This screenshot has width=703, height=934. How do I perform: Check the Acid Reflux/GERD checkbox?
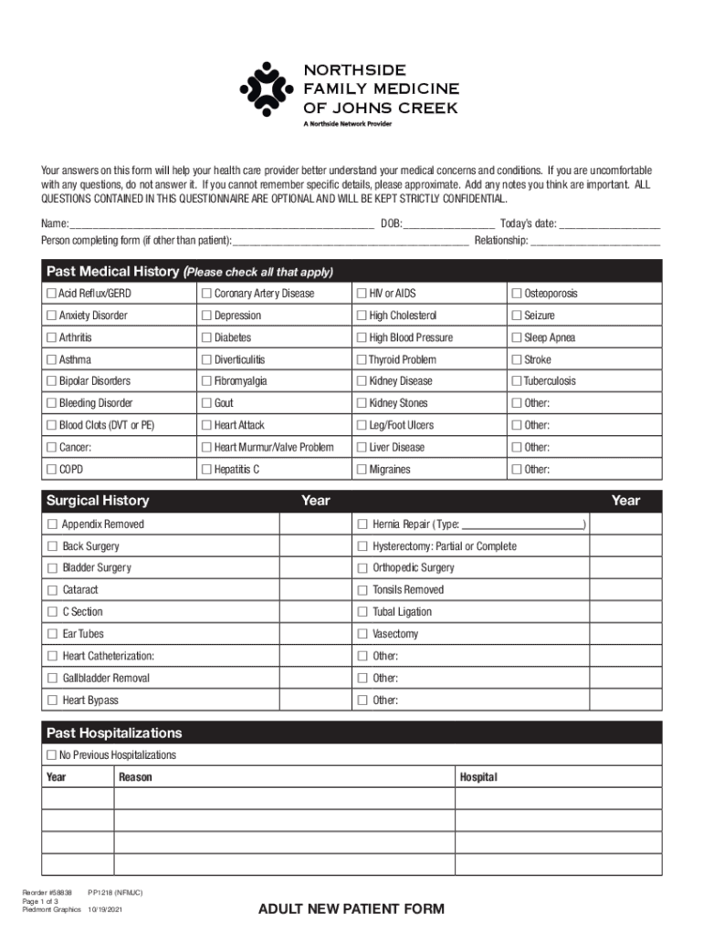[51, 294]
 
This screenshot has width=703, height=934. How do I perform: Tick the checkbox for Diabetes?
[206, 337]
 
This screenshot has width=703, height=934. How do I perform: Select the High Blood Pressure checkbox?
[362, 337]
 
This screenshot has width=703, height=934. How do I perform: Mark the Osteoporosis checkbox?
[517, 294]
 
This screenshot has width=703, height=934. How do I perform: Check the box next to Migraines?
[362, 470]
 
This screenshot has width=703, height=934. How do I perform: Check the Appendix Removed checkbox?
[52, 524]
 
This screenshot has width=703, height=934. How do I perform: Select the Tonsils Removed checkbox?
[362, 590]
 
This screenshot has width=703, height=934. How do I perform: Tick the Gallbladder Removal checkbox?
[52, 679]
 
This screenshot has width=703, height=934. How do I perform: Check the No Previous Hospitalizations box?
[51, 755]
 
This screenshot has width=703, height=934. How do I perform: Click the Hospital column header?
[478, 777]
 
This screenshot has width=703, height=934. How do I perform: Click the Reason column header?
[135, 777]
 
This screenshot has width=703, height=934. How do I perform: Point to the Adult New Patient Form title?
[351, 908]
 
